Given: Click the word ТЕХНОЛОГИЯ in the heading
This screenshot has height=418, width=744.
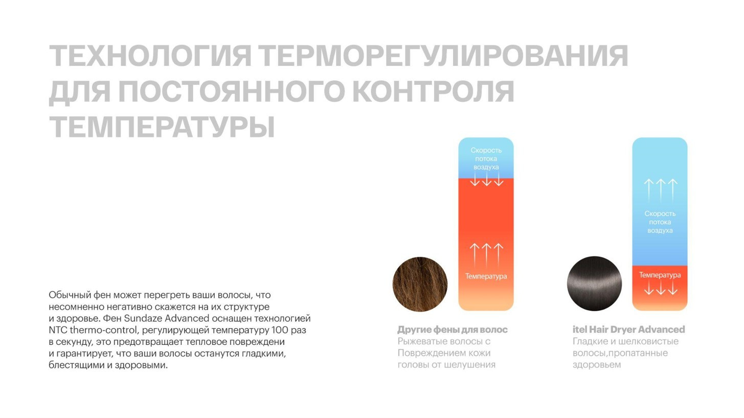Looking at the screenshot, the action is click(x=150, y=56).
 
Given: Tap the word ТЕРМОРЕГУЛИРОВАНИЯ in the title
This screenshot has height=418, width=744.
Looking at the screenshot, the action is click(x=443, y=56).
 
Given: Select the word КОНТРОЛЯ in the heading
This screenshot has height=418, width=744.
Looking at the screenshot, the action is click(x=433, y=91).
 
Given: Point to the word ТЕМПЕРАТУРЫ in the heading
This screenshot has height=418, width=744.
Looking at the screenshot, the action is click(x=162, y=127).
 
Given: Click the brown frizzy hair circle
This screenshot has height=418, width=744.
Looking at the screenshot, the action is click(x=420, y=284).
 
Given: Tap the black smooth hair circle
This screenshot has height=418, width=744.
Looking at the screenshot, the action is click(x=594, y=284).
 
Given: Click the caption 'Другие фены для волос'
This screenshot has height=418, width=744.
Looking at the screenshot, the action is click(x=453, y=330).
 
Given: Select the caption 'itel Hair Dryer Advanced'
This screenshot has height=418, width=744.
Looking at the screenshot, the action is click(x=628, y=330).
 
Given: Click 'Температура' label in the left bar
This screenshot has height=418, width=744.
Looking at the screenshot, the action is click(x=486, y=276).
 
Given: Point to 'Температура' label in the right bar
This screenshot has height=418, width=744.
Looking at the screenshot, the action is click(x=660, y=275).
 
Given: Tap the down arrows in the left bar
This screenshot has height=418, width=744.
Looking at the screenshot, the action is click(x=487, y=180).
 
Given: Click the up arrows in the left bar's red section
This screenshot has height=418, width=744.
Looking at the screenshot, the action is click(x=487, y=255).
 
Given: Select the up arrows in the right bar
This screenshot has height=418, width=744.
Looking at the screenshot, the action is click(x=661, y=191).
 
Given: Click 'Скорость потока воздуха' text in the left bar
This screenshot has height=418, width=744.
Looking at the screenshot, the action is click(x=486, y=159).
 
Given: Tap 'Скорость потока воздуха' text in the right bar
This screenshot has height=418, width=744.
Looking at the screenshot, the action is click(x=660, y=222).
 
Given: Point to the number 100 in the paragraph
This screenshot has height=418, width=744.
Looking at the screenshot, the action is click(x=280, y=330).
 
